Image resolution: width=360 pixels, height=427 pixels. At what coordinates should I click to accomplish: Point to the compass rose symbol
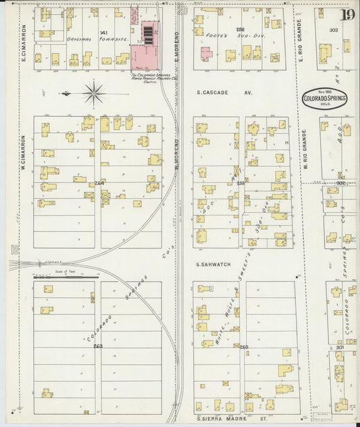93,92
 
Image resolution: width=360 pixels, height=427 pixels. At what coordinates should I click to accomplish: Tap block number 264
99,183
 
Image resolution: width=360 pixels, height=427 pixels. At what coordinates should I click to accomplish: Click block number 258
240,30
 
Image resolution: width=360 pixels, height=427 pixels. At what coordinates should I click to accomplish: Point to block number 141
103,32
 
